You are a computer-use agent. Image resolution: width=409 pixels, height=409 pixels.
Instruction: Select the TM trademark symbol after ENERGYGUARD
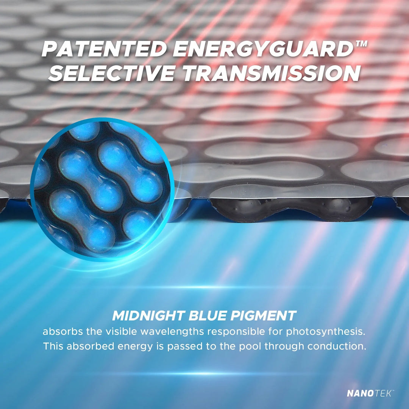click(361, 44)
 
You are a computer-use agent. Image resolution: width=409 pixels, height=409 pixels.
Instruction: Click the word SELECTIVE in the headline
click(112, 73)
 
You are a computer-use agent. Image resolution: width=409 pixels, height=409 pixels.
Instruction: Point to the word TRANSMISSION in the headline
click(272, 73)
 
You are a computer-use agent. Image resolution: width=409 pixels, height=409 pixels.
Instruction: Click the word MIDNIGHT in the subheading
click(148, 315)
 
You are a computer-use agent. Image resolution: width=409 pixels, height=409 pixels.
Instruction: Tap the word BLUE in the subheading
click(208, 315)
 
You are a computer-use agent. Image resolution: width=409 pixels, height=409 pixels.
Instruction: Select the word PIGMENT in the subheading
click(264, 315)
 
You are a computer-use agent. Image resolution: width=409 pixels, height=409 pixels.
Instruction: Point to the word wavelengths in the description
click(172, 331)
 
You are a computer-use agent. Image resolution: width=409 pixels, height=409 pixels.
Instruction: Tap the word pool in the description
click(251, 347)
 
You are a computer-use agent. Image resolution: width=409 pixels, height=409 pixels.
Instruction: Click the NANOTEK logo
click(370, 393)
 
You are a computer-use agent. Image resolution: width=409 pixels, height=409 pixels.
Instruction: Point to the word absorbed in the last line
click(90, 346)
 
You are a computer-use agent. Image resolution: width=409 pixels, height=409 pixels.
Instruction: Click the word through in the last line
click(285, 347)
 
